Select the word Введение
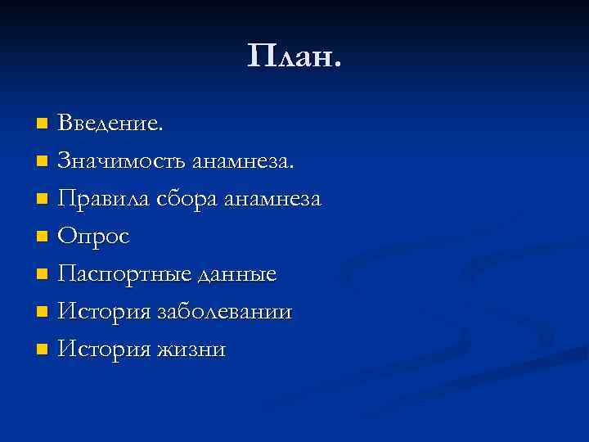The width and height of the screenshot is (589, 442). [x=111, y=124]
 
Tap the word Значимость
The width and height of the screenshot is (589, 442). [x=122, y=161]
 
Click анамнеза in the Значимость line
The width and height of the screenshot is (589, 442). [x=243, y=161]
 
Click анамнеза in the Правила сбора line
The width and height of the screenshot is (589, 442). [x=273, y=200]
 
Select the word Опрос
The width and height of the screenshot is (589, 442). [x=94, y=237]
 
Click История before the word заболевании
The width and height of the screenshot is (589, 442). [x=105, y=313]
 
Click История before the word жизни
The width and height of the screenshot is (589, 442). [x=105, y=350]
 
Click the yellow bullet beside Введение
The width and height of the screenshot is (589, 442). [x=43, y=124]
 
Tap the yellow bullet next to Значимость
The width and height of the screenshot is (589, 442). [x=43, y=162]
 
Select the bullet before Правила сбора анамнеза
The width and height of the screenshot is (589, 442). [x=43, y=200]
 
